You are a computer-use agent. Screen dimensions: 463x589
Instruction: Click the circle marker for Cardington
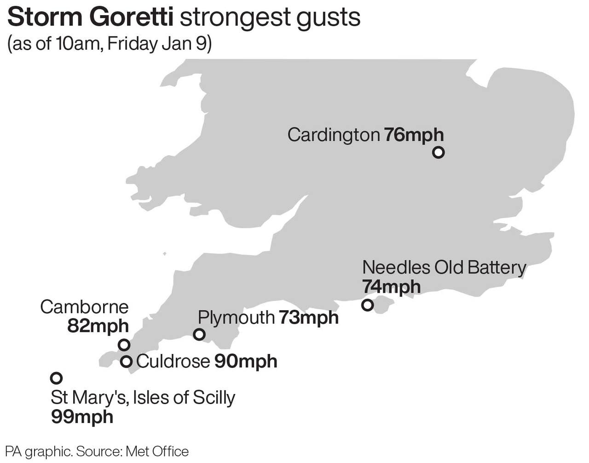pos(439,152)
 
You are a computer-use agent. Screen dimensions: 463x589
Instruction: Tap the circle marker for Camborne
pos(124,345)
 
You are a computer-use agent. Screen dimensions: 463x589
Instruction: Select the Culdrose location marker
pos(126,362)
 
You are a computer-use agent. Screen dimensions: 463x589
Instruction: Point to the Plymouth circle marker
pos(199,335)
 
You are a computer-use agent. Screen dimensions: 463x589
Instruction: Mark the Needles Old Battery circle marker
pos(367,305)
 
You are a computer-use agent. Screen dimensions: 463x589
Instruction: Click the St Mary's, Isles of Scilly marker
pos(56,378)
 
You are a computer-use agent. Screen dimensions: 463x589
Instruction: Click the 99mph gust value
pos(82,417)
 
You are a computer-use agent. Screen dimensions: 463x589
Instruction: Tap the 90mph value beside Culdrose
pos(246,362)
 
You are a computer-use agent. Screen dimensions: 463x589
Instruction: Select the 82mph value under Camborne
pos(98,326)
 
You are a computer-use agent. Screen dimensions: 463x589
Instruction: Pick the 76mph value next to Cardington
pos(414,135)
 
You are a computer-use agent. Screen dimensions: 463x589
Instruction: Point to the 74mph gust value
pos(391,287)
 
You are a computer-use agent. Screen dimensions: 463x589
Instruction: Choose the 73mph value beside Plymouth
pos(308,318)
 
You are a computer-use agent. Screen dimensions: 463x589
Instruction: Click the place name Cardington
pos(334,135)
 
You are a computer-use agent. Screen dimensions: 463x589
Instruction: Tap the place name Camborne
pos(84,307)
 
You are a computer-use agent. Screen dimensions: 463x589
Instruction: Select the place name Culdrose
pos(173,362)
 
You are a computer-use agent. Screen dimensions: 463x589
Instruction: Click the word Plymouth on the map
pos(236,318)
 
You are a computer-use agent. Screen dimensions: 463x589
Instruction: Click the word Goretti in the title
pos(132,17)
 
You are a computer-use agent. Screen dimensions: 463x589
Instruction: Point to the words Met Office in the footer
pos(157,451)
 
